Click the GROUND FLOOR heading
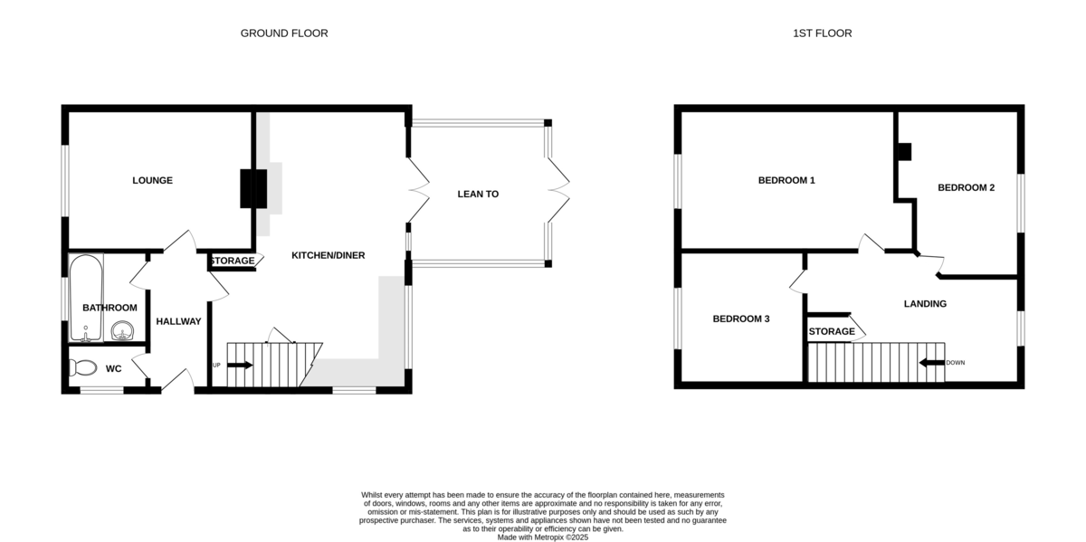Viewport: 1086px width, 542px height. click(284, 33)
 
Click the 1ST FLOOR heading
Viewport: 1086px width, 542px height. click(823, 33)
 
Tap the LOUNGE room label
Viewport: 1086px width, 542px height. click(152, 180)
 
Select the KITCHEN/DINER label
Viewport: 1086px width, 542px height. click(329, 255)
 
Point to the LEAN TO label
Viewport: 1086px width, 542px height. click(478, 194)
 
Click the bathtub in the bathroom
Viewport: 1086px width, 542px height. click(86, 298)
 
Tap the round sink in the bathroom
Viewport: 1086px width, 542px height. click(122, 331)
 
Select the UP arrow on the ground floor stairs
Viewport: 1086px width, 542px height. click(240, 365)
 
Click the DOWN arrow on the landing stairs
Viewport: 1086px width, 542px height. click(932, 363)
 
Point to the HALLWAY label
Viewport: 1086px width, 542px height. click(178, 321)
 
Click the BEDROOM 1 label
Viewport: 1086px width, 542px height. click(786, 180)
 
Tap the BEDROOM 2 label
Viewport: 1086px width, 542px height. click(966, 187)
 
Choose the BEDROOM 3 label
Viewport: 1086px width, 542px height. click(741, 319)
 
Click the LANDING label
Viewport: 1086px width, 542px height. click(925, 304)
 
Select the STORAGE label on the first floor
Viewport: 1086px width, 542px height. click(832, 331)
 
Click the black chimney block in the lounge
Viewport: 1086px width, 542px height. click(253, 188)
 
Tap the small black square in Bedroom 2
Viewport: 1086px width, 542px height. click(905, 152)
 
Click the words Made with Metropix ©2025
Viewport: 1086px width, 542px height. click(542, 537)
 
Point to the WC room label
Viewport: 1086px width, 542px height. click(113, 369)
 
